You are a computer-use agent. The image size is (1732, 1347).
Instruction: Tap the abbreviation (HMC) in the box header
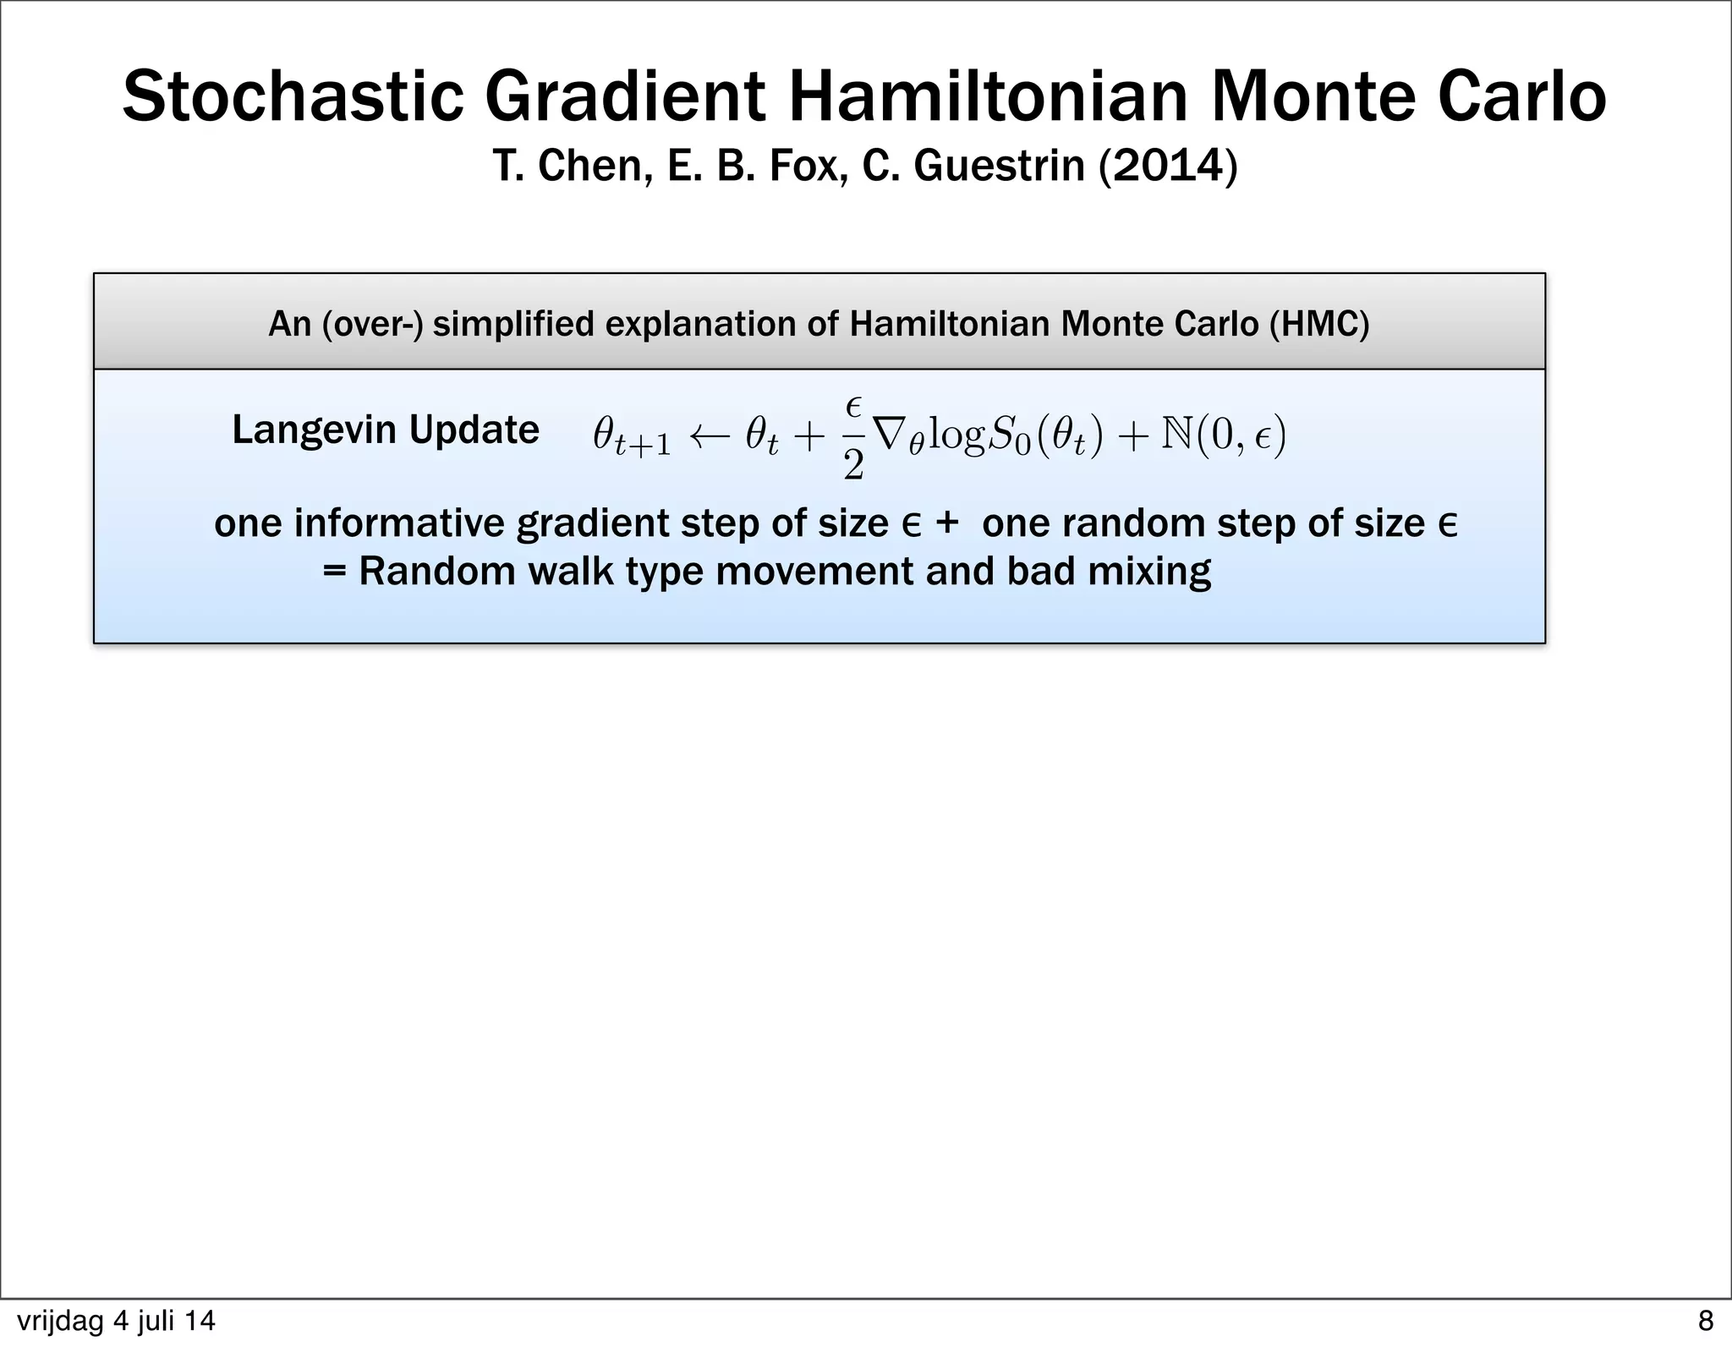[x=1318, y=324]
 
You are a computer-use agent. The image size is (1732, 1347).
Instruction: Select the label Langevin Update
[x=386, y=430]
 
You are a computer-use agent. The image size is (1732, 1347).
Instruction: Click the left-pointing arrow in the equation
[x=708, y=436]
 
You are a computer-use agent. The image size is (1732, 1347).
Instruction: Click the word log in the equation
[x=957, y=438]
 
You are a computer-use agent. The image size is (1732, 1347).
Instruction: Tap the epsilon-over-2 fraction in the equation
[x=853, y=438]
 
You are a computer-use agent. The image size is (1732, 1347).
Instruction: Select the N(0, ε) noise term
[x=1224, y=436]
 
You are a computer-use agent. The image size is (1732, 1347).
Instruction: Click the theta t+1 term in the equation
[x=632, y=438]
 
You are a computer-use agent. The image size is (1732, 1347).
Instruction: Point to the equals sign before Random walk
[x=335, y=572]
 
